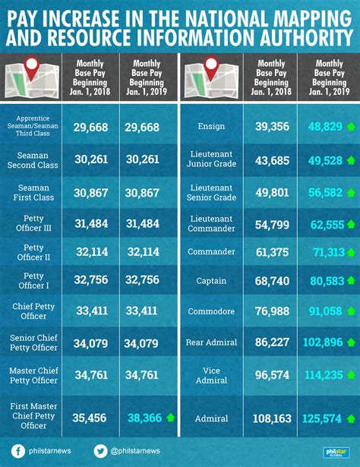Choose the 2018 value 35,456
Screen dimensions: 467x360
tap(90, 418)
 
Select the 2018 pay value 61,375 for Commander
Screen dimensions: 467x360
tap(273, 251)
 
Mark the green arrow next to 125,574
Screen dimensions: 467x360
tap(350, 418)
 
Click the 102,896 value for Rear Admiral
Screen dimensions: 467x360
tap(323, 342)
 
